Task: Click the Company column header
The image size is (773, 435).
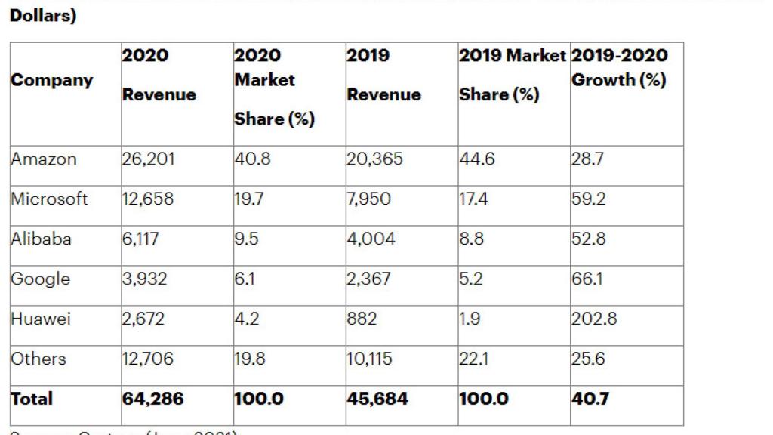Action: tap(52, 80)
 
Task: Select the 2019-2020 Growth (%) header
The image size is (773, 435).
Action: tap(619, 68)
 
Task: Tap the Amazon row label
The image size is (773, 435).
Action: tap(44, 159)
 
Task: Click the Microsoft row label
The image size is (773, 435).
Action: tap(49, 199)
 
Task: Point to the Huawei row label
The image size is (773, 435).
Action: tap(41, 319)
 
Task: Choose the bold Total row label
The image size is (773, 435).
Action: tap(32, 399)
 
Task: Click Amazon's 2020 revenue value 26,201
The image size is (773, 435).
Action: tap(148, 159)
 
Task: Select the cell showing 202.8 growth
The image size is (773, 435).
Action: tap(594, 319)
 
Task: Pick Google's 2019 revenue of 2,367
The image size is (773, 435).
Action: tap(369, 279)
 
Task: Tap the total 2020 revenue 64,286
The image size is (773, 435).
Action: tap(153, 399)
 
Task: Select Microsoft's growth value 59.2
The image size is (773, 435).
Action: tap(589, 199)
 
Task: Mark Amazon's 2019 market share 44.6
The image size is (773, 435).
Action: tap(477, 159)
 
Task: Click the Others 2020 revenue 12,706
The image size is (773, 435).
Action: tap(148, 359)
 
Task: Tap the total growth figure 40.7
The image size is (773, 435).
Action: tap(590, 399)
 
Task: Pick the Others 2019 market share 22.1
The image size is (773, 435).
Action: tap(474, 359)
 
